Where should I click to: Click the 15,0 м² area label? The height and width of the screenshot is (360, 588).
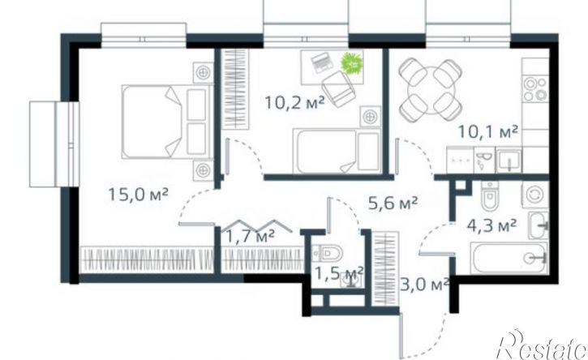pyautogui.click(x=138, y=195)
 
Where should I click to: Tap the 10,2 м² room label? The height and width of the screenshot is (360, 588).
pyautogui.click(x=294, y=102)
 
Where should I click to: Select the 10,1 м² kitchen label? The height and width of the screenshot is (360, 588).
pyautogui.click(x=488, y=132)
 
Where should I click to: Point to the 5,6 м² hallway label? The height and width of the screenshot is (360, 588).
pyautogui.click(x=393, y=204)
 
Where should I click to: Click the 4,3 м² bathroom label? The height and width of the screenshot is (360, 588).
pyautogui.click(x=491, y=225)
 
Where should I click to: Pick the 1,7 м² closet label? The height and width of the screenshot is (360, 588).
pyautogui.click(x=250, y=236)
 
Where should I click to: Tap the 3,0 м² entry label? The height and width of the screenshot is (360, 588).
pyautogui.click(x=424, y=285)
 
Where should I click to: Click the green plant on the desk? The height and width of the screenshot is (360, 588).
pyautogui.click(x=352, y=62)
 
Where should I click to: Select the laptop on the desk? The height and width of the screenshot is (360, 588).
pyautogui.click(x=322, y=62)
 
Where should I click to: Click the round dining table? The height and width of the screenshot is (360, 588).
pyautogui.click(x=431, y=89)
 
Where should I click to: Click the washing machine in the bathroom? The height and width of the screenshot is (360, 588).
pyautogui.click(x=534, y=195)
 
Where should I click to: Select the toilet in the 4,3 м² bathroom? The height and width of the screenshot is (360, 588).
pyautogui.click(x=490, y=195)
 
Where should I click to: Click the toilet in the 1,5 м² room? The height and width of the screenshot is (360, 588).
pyautogui.click(x=328, y=253)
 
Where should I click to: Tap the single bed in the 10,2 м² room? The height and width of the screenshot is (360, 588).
pyautogui.click(x=337, y=151)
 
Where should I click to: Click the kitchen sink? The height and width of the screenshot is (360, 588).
pyautogui.click(x=509, y=161)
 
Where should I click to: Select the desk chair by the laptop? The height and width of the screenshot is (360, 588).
pyautogui.click(x=338, y=88)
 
